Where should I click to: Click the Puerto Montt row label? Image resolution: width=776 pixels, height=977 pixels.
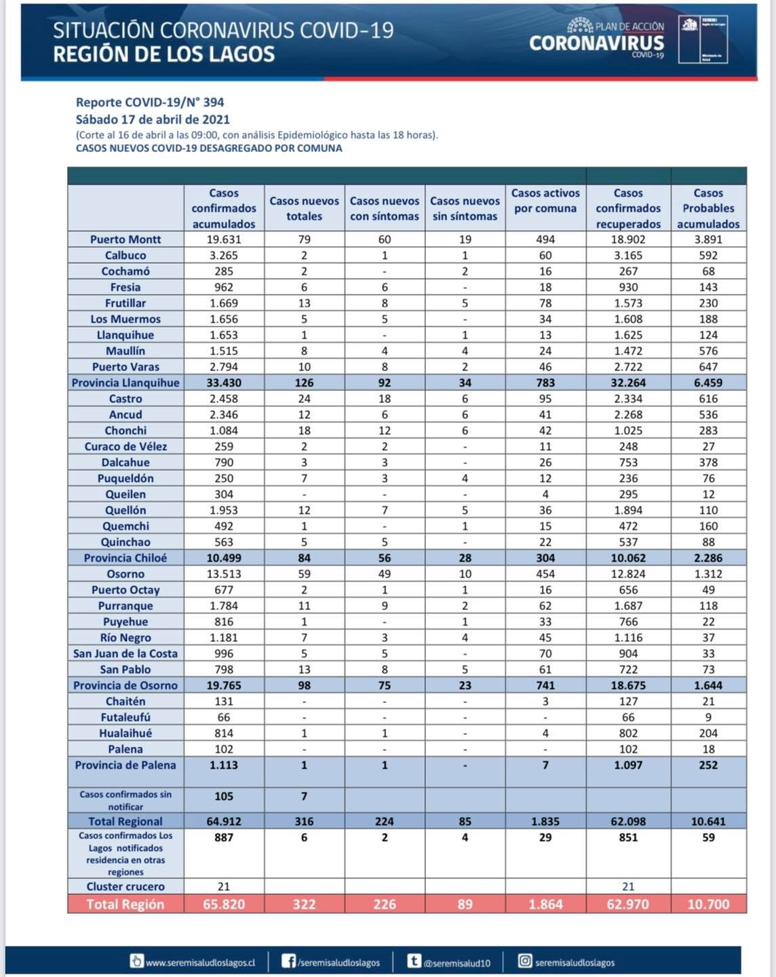point(125,240)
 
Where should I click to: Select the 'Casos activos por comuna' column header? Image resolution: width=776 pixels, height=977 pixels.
point(545,201)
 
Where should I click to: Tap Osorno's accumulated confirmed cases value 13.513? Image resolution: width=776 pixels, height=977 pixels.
point(224,574)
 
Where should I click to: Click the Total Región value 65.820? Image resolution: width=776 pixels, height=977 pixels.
point(224,904)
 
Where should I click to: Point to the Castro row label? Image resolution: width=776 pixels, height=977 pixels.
point(125,399)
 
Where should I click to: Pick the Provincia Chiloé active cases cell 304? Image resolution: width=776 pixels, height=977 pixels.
point(545,558)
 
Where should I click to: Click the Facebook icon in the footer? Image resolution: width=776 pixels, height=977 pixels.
point(289,961)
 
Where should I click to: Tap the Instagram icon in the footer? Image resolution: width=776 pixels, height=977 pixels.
point(525,961)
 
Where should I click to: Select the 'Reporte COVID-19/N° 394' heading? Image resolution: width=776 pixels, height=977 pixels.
point(150,102)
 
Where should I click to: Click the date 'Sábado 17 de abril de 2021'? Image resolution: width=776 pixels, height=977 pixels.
point(153,119)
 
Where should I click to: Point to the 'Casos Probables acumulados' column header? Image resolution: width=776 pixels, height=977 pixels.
point(708,208)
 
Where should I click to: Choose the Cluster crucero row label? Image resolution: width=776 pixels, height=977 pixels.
point(125,887)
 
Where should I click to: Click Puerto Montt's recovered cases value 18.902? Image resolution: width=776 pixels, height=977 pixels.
point(628,240)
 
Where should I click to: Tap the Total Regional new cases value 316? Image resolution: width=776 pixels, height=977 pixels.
point(304,822)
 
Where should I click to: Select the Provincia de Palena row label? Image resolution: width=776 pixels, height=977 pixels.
point(125,765)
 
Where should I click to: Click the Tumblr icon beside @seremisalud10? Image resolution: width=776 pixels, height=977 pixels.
point(414,961)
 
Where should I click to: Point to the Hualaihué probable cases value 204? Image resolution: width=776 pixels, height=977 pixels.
point(708,733)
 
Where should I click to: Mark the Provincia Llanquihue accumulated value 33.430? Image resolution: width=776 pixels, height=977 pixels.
point(224,383)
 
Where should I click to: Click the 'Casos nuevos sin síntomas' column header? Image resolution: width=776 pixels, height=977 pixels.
point(465,208)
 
